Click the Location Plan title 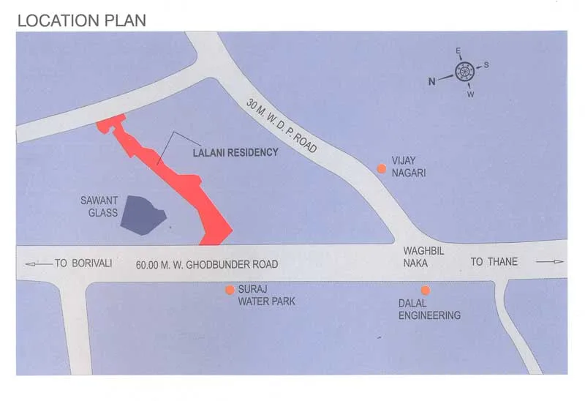pos(81,20)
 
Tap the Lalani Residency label pos(235,153)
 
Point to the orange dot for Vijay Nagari pos(381,169)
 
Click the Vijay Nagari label pos(408,167)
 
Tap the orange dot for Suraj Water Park pos(230,291)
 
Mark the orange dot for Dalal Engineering pos(425,291)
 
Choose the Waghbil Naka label pos(423,256)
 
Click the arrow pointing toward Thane pos(550,262)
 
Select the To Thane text pos(494,262)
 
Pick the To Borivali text pos(83,263)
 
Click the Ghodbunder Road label pos(207,264)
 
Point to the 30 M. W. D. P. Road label pos(282,126)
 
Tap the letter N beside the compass pos(432,81)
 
